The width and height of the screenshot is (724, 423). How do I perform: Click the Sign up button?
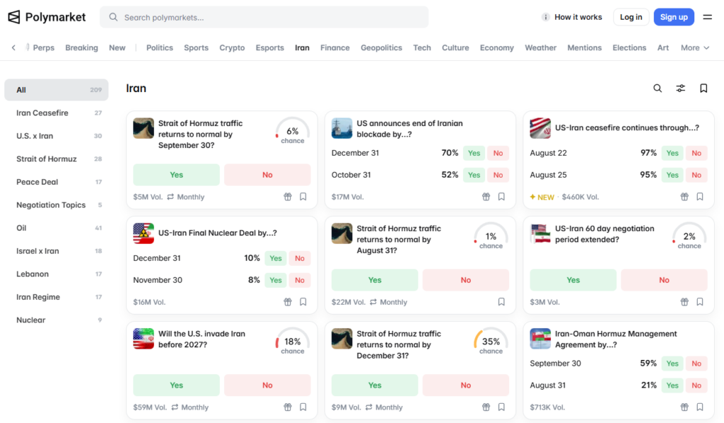coord(674,17)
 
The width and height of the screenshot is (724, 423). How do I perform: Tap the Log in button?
coord(631,17)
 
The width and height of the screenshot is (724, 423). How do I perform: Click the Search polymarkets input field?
coord(264,17)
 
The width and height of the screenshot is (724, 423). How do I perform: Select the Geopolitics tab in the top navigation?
coord(381,47)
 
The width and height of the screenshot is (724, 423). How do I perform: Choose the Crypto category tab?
coord(232,47)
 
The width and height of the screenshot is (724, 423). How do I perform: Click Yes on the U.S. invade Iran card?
coord(176,385)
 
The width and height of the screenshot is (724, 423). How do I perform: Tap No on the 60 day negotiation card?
coord(664,280)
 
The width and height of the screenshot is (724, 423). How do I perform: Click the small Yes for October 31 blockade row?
coord(474,175)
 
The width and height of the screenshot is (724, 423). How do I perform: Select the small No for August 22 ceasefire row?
coord(696,153)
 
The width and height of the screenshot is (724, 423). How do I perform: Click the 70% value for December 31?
coord(450,153)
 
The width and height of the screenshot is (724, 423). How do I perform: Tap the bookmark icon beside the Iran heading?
coord(703,88)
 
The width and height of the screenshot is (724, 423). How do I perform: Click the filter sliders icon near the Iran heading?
coord(681,88)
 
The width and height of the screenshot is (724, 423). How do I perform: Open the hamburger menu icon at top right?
coord(707,17)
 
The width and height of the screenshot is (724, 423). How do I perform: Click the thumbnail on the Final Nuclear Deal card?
coord(144,233)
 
